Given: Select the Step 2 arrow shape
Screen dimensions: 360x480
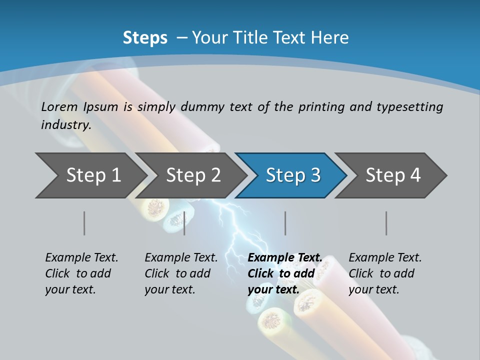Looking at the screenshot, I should coord(192,175).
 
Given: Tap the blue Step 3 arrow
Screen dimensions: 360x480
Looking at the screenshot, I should coord(292,175).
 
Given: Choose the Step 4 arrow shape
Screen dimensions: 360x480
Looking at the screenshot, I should coord(392,175).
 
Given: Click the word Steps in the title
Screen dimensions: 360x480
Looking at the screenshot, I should coord(145,38).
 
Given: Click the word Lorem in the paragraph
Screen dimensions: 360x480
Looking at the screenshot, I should coord(59,107).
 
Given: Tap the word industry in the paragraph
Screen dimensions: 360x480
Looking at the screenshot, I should coord(66,125).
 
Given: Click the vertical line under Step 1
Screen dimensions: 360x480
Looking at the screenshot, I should coord(84,223).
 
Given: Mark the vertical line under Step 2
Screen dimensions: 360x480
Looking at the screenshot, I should coord(184,223).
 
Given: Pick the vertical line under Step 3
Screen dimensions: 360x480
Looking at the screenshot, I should coord(285,223).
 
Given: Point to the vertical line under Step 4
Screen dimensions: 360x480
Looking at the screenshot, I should coord(386,223).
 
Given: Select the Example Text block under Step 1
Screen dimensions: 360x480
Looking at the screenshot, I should coord(81,273).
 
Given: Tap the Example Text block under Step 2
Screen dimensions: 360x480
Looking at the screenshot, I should coord(180,273).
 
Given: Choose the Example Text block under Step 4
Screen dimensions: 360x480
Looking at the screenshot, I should coord(384,273).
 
